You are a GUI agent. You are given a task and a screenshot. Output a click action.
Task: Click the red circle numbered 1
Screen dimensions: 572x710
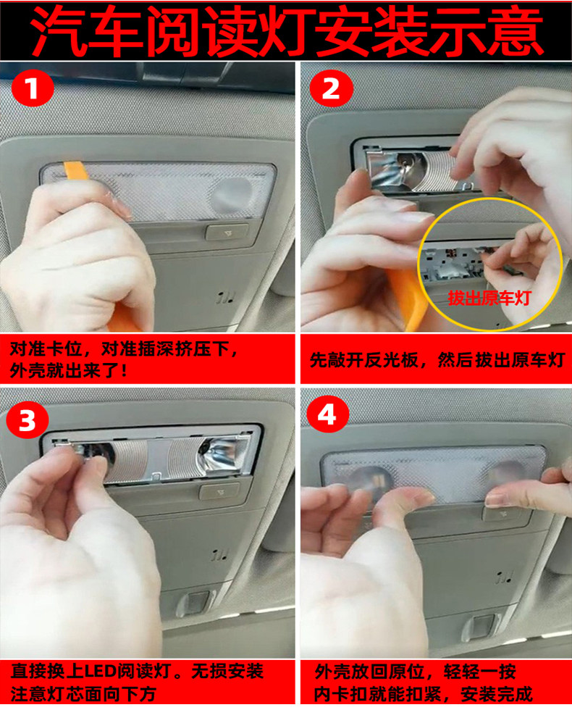click(32, 88)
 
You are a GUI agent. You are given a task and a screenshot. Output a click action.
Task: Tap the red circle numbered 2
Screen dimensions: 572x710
click(331, 88)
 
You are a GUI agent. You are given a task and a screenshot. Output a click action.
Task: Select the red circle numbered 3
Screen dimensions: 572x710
click(28, 419)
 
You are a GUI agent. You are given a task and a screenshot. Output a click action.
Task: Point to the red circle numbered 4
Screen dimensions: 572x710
click(327, 414)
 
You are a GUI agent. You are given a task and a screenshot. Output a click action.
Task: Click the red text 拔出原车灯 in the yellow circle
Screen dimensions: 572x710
click(488, 298)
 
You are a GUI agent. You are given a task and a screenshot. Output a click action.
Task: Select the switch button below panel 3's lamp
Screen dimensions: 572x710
click(221, 491)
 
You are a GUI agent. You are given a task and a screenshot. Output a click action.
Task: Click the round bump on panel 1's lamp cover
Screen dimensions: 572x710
click(232, 196)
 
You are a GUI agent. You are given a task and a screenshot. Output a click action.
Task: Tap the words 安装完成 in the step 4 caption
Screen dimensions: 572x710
click(497, 694)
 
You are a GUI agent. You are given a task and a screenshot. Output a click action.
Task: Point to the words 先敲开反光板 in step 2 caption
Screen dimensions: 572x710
click(363, 360)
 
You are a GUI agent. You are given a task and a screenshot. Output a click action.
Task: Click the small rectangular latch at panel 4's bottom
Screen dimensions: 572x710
click(481, 629)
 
